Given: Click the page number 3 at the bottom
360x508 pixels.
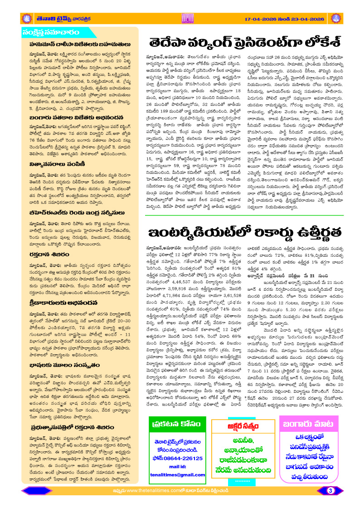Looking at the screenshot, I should pos(331,490).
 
